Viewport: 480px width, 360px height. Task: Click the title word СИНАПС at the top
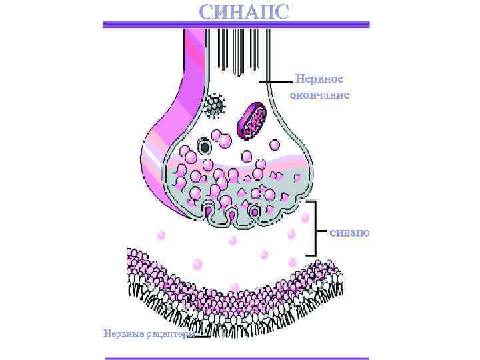pos(245,12)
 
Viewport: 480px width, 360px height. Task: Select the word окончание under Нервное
pos(319,95)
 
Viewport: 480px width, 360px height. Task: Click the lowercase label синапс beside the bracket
pos(349,233)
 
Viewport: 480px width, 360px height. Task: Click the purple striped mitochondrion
pos(254,121)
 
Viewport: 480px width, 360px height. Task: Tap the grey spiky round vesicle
pos(215,105)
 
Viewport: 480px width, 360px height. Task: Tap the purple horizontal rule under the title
pos(236,25)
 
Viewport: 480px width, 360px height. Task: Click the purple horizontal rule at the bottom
pos(236,358)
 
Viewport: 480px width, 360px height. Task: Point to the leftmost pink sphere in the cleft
pos(160,234)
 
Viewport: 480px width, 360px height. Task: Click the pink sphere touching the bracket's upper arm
pos(305,217)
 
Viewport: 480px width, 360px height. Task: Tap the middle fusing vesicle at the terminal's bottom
pos(231,215)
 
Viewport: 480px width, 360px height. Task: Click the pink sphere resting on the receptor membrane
pos(234,287)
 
